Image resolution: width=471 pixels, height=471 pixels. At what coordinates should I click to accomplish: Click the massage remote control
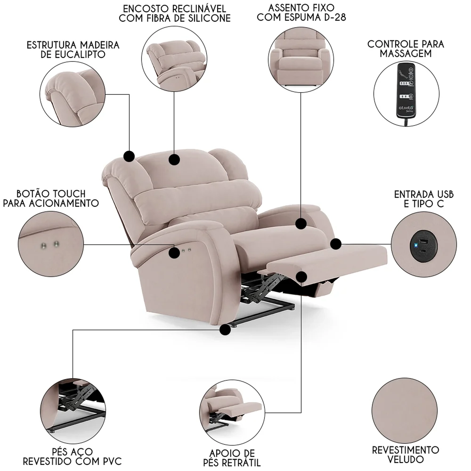click(x=406, y=91)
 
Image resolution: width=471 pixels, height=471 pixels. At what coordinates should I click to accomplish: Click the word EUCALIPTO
click(x=73, y=55)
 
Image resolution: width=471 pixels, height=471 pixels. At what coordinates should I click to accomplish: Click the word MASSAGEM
click(x=406, y=53)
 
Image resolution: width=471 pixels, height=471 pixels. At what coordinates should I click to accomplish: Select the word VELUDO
click(x=405, y=459)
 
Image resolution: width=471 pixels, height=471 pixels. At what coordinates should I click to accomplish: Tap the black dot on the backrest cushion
click(x=174, y=160)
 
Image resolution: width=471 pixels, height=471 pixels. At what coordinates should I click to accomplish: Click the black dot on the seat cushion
click(x=301, y=224)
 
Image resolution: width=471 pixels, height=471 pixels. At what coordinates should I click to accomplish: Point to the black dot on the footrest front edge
click(x=301, y=277)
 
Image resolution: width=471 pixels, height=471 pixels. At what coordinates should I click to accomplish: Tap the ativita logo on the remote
click(x=406, y=108)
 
